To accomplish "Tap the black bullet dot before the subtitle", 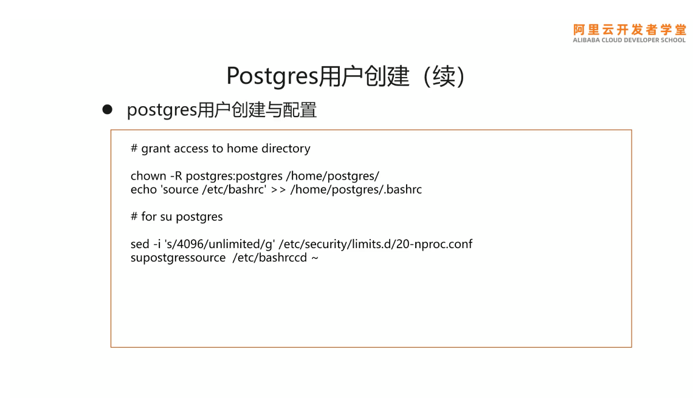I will (108, 109).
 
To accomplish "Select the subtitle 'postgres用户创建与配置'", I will (222, 110).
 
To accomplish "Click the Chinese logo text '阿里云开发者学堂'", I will (629, 30).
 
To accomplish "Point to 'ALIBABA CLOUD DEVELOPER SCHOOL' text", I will (629, 41).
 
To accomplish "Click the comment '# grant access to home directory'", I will (220, 149).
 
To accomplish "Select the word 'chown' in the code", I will (148, 176).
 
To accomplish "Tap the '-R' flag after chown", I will (176, 176).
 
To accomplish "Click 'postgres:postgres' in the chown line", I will (234, 176).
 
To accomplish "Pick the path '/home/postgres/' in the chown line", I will (333, 176).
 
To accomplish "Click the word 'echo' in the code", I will (142, 190).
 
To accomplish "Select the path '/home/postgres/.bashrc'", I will (356, 190).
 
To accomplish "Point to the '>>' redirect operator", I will (279, 190).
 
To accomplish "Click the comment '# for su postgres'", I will (176, 217).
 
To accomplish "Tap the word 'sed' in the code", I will (140, 244).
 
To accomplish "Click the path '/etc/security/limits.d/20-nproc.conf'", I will (376, 244).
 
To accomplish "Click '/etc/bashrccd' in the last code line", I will (269, 258).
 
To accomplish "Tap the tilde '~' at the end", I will (315, 258).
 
